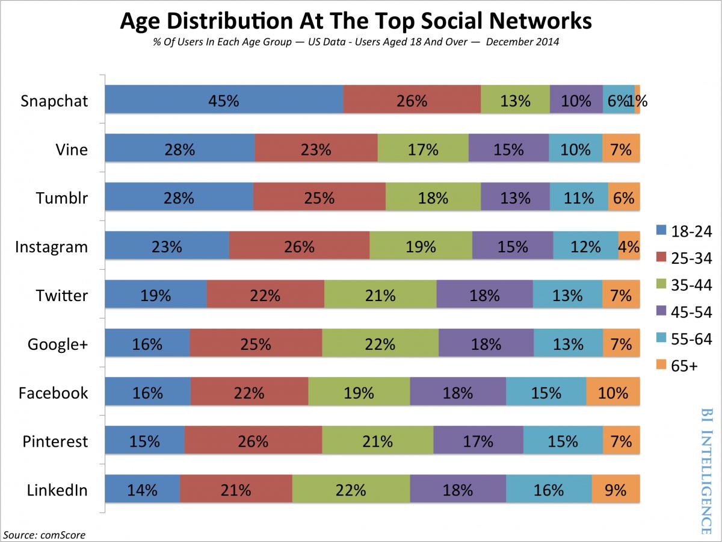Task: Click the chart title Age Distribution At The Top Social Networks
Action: [356, 21]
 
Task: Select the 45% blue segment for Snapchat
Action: [224, 100]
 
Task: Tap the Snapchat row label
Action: [54, 101]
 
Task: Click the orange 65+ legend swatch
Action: [661, 364]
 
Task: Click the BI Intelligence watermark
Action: [705, 470]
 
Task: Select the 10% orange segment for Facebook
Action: [612, 393]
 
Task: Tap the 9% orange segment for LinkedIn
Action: [616, 490]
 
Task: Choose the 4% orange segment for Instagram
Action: [629, 246]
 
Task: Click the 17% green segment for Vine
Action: [423, 149]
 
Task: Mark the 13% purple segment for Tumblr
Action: [515, 198]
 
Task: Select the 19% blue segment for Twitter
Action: [156, 295]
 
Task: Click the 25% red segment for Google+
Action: [256, 344]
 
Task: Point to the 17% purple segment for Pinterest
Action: [478, 441]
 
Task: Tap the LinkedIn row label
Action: [57, 490]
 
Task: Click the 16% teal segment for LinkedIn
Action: [549, 490]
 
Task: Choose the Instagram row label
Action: [51, 246]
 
